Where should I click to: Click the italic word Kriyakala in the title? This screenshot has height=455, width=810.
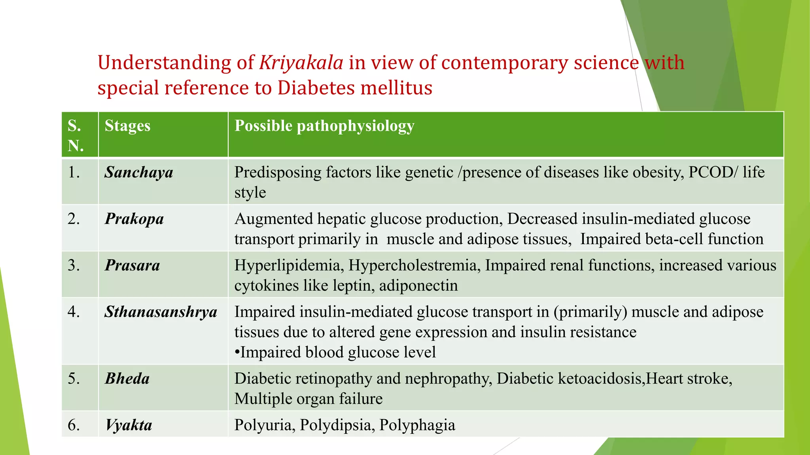(x=301, y=63)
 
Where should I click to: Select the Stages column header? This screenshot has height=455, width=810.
(x=127, y=126)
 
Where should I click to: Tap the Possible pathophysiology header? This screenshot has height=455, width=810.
(x=324, y=126)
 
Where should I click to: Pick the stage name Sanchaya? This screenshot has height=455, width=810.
(x=139, y=173)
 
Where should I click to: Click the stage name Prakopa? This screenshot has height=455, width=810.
(x=134, y=219)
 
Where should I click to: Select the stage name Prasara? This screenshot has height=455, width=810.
(x=132, y=265)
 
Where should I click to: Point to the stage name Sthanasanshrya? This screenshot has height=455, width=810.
(x=161, y=312)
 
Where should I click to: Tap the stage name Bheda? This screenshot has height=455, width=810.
(x=127, y=379)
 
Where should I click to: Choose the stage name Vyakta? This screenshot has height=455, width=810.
(x=129, y=425)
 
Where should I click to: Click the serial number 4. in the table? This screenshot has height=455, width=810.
(x=74, y=312)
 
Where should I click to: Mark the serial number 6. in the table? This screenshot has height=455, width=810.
(x=74, y=425)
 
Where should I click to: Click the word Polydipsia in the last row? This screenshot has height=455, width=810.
(x=337, y=425)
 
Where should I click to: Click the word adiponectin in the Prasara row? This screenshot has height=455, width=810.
(x=418, y=286)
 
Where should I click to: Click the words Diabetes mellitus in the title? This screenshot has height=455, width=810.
(x=355, y=88)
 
